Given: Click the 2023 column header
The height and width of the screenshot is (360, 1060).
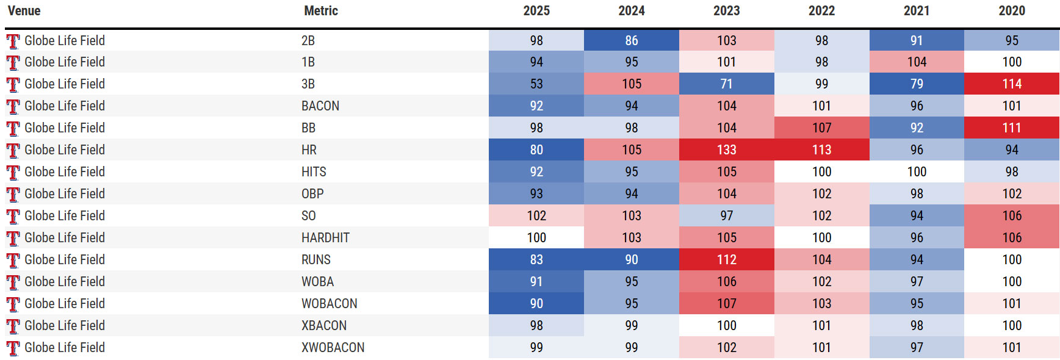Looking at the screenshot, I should pos(726,11).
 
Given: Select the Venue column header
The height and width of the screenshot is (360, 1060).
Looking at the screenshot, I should pos(24,11).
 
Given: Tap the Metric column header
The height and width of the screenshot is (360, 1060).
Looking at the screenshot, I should pos(320,11).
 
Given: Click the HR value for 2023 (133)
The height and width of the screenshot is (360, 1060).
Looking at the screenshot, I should pos(726,149).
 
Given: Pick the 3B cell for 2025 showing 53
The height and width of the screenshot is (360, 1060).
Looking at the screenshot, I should pos(536,84).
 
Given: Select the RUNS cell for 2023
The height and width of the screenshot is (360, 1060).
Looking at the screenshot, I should pos(726,259).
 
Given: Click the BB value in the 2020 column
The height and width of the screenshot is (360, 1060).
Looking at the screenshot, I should pos(1011,128).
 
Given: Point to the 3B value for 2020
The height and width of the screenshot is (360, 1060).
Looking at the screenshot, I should pos(1011,84).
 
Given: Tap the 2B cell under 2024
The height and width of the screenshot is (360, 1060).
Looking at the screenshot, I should pos(631,40).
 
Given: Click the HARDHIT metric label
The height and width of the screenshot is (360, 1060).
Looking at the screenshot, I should pos(325,237).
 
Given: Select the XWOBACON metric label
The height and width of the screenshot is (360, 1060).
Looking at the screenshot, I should pos(333,347).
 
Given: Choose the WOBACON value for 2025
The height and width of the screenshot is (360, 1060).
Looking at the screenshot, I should pos(536,303).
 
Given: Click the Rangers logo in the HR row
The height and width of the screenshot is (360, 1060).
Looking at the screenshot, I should pos(13,150).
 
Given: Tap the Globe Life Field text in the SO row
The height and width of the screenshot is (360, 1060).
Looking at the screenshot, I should pos(65,215).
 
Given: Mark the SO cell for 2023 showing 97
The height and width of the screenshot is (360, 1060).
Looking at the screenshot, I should pos(726,215).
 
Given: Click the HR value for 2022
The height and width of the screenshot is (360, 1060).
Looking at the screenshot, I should pos(821,149).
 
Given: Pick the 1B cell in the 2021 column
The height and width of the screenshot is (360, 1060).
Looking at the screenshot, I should pos(917,62).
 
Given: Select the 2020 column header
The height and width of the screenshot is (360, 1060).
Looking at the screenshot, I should pos(1011,11).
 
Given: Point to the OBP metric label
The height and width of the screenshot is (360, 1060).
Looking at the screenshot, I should pos(312,193).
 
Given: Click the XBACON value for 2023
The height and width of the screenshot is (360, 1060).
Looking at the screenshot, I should pos(726,325).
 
